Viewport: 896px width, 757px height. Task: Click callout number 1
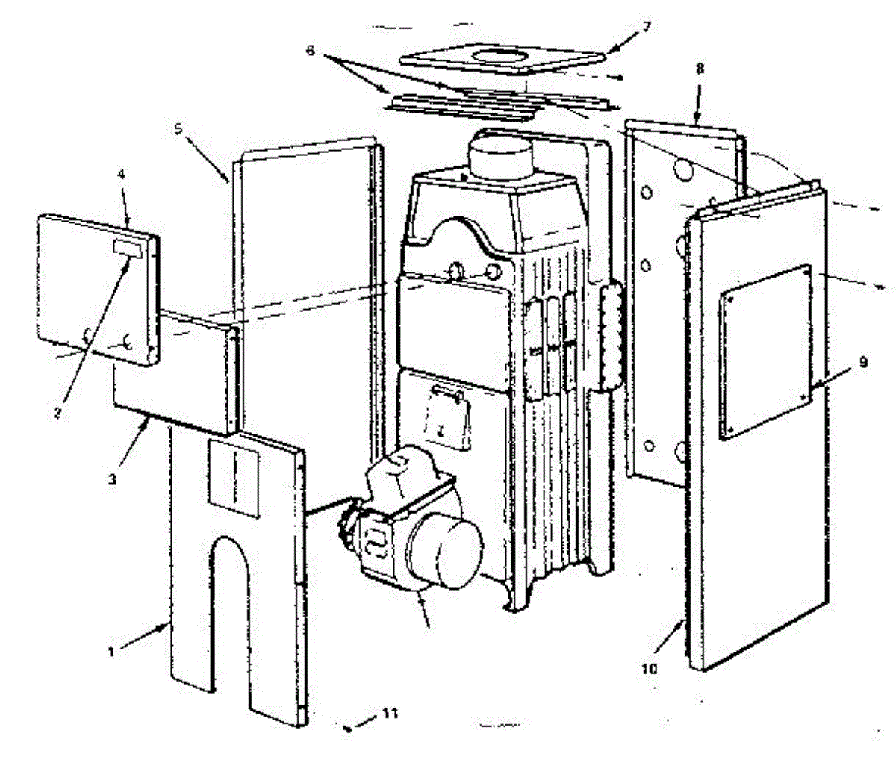111,651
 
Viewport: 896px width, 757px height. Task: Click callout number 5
178,128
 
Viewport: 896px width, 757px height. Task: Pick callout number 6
311,53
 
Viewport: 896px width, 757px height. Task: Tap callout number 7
646,27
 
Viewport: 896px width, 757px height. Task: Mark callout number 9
862,363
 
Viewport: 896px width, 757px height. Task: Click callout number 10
650,669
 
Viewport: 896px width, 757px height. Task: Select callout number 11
390,713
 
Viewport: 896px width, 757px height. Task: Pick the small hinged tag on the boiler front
447,415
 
